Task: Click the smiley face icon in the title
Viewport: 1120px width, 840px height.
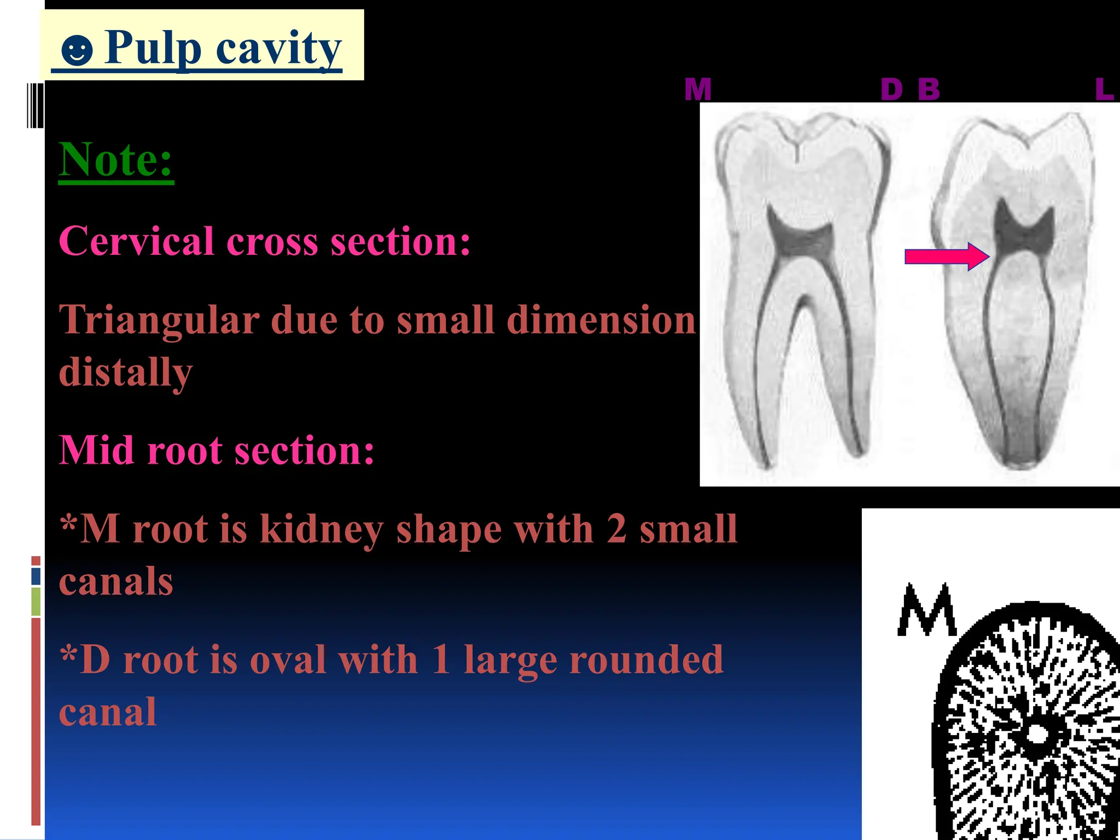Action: pyautogui.click(x=77, y=51)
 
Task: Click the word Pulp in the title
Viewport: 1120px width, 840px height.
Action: pyautogui.click(x=153, y=48)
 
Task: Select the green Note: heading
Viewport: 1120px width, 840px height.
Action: pyautogui.click(x=116, y=160)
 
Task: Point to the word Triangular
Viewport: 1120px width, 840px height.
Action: pyautogui.click(x=159, y=319)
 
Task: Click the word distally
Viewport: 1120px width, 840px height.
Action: pyautogui.click(x=126, y=372)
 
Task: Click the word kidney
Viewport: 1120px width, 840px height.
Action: pyautogui.click(x=321, y=529)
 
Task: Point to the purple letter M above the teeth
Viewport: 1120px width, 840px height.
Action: pyautogui.click(x=698, y=90)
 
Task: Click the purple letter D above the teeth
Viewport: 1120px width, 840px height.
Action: pyautogui.click(x=891, y=90)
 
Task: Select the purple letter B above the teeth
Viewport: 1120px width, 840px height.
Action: pyautogui.click(x=929, y=90)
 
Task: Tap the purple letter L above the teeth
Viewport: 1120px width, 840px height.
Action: pyautogui.click(x=1104, y=90)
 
